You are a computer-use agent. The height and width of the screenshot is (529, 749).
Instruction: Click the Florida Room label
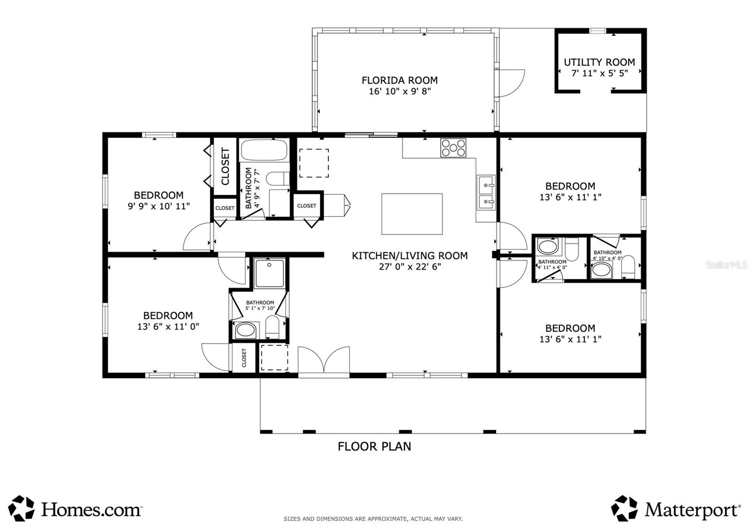coord(400,80)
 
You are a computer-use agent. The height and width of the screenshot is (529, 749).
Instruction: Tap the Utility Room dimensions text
coord(600,73)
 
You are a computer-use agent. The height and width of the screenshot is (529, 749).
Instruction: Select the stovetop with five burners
coord(453,148)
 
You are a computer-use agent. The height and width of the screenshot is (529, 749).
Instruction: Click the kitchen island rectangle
coord(412,214)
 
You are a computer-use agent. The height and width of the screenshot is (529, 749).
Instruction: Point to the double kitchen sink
coord(486,192)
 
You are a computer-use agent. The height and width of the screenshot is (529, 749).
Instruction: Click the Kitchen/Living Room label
coord(410,256)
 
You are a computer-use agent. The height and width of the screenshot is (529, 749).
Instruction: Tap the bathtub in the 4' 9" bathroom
coord(264,150)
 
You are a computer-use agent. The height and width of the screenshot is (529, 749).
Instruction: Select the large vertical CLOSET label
coord(225,167)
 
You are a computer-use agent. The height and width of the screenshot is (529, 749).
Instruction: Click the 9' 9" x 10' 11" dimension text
coord(159,206)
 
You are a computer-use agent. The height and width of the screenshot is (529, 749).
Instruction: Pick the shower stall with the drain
coord(270,273)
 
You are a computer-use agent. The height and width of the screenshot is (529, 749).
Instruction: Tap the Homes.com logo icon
coord(21,508)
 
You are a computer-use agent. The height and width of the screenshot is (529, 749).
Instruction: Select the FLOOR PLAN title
coord(374,447)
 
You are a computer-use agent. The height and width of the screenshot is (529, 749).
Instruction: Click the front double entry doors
coord(323,360)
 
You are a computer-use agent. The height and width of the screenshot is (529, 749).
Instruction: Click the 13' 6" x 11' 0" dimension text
coord(168,326)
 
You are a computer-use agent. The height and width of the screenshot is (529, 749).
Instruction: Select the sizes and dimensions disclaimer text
coord(373,519)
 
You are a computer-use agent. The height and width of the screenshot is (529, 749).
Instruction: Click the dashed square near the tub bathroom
coord(314,163)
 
